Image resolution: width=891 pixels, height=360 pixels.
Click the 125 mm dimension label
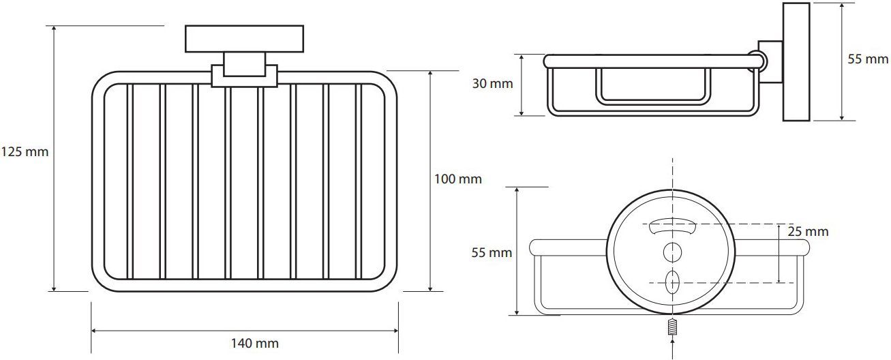click(x=25, y=152)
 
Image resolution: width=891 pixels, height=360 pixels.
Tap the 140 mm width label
click(x=254, y=344)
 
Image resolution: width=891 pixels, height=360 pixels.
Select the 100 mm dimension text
click(x=457, y=179)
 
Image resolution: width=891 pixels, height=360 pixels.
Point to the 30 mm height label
click(x=492, y=85)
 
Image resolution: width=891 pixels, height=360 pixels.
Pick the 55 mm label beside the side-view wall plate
click(x=868, y=59)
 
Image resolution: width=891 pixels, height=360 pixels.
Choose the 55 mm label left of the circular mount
click(x=492, y=253)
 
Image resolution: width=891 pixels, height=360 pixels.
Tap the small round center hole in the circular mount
click(x=672, y=251)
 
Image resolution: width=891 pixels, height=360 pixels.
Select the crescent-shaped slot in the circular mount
click(x=672, y=225)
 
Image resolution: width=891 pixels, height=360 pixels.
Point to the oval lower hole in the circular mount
click(x=672, y=280)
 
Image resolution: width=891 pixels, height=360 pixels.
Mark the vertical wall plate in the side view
click(x=796, y=62)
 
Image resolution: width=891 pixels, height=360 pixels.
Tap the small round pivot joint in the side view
click(x=758, y=61)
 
